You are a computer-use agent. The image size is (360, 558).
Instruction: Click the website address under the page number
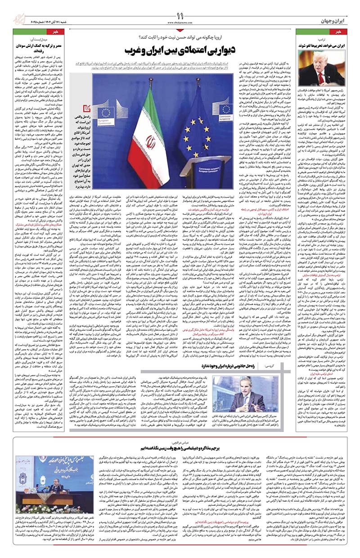click(x=180, y=22)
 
